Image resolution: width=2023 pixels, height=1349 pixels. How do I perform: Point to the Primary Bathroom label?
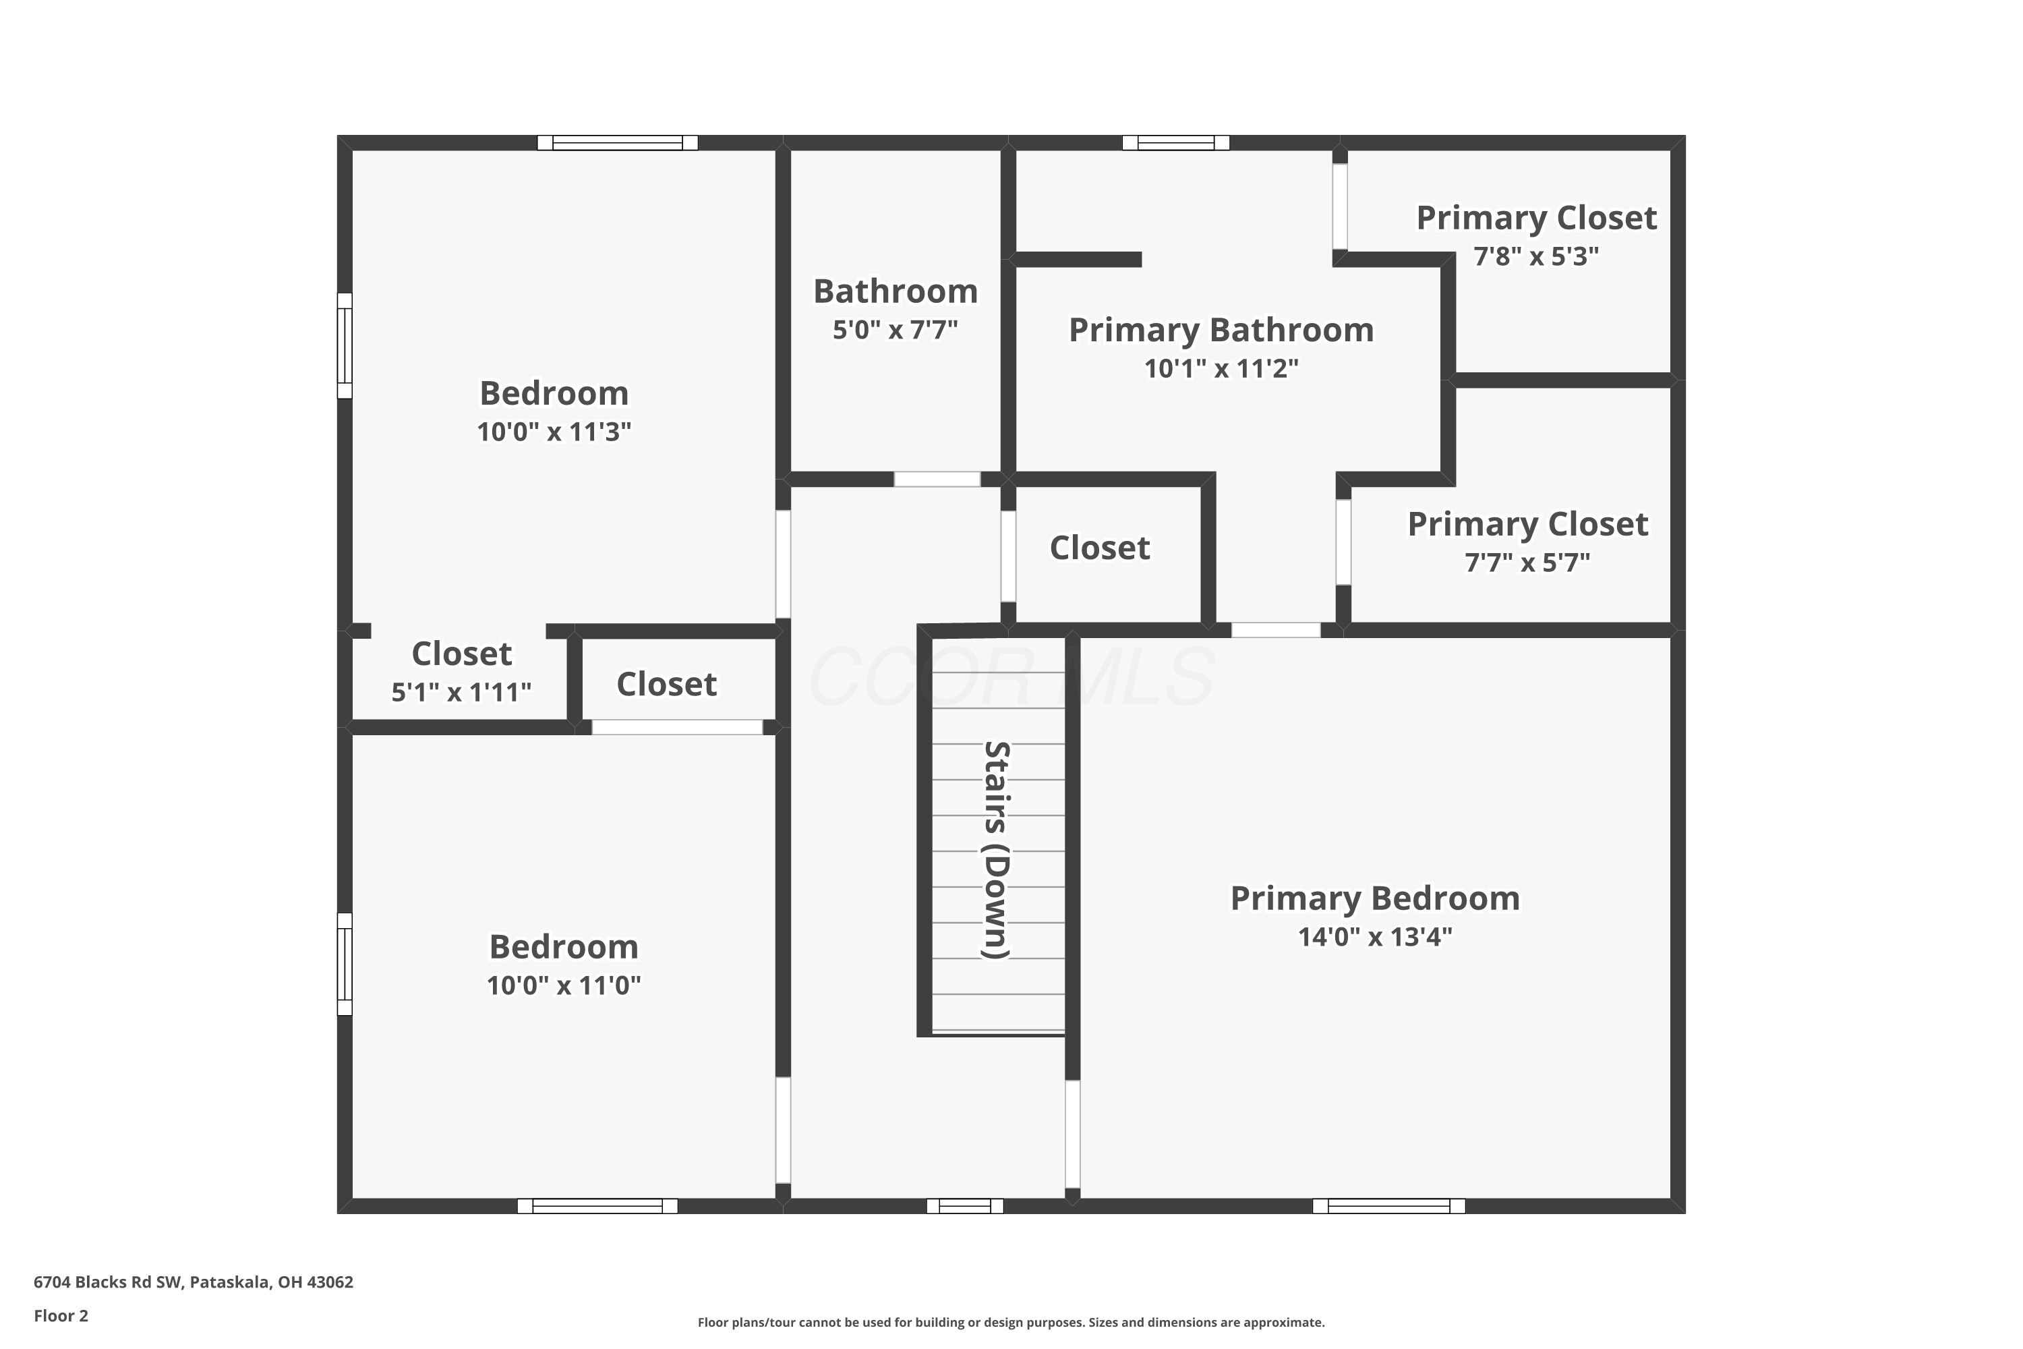click(1221, 331)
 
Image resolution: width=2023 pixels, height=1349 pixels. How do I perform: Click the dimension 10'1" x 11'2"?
click(1221, 369)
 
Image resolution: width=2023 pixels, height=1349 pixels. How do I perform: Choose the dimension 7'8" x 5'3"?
click(1536, 256)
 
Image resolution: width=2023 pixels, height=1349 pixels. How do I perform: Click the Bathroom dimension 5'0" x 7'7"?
click(895, 330)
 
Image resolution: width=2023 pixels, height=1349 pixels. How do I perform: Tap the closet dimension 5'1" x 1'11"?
click(461, 693)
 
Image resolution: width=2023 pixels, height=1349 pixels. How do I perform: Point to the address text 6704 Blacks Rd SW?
click(109, 1282)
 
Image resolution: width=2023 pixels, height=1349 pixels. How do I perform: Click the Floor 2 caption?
click(61, 1315)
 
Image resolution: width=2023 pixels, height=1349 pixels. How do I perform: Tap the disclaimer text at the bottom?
click(1011, 1322)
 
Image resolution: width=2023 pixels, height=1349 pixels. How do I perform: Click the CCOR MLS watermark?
click(1011, 677)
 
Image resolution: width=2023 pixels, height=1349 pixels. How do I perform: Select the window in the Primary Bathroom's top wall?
click(1176, 143)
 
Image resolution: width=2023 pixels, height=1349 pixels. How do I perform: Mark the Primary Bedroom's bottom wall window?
click(1388, 1206)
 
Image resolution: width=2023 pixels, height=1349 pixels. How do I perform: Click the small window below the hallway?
click(965, 1206)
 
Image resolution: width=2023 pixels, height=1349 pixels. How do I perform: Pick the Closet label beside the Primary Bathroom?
click(1099, 548)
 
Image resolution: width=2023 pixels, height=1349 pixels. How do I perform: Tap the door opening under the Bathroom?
click(937, 479)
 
